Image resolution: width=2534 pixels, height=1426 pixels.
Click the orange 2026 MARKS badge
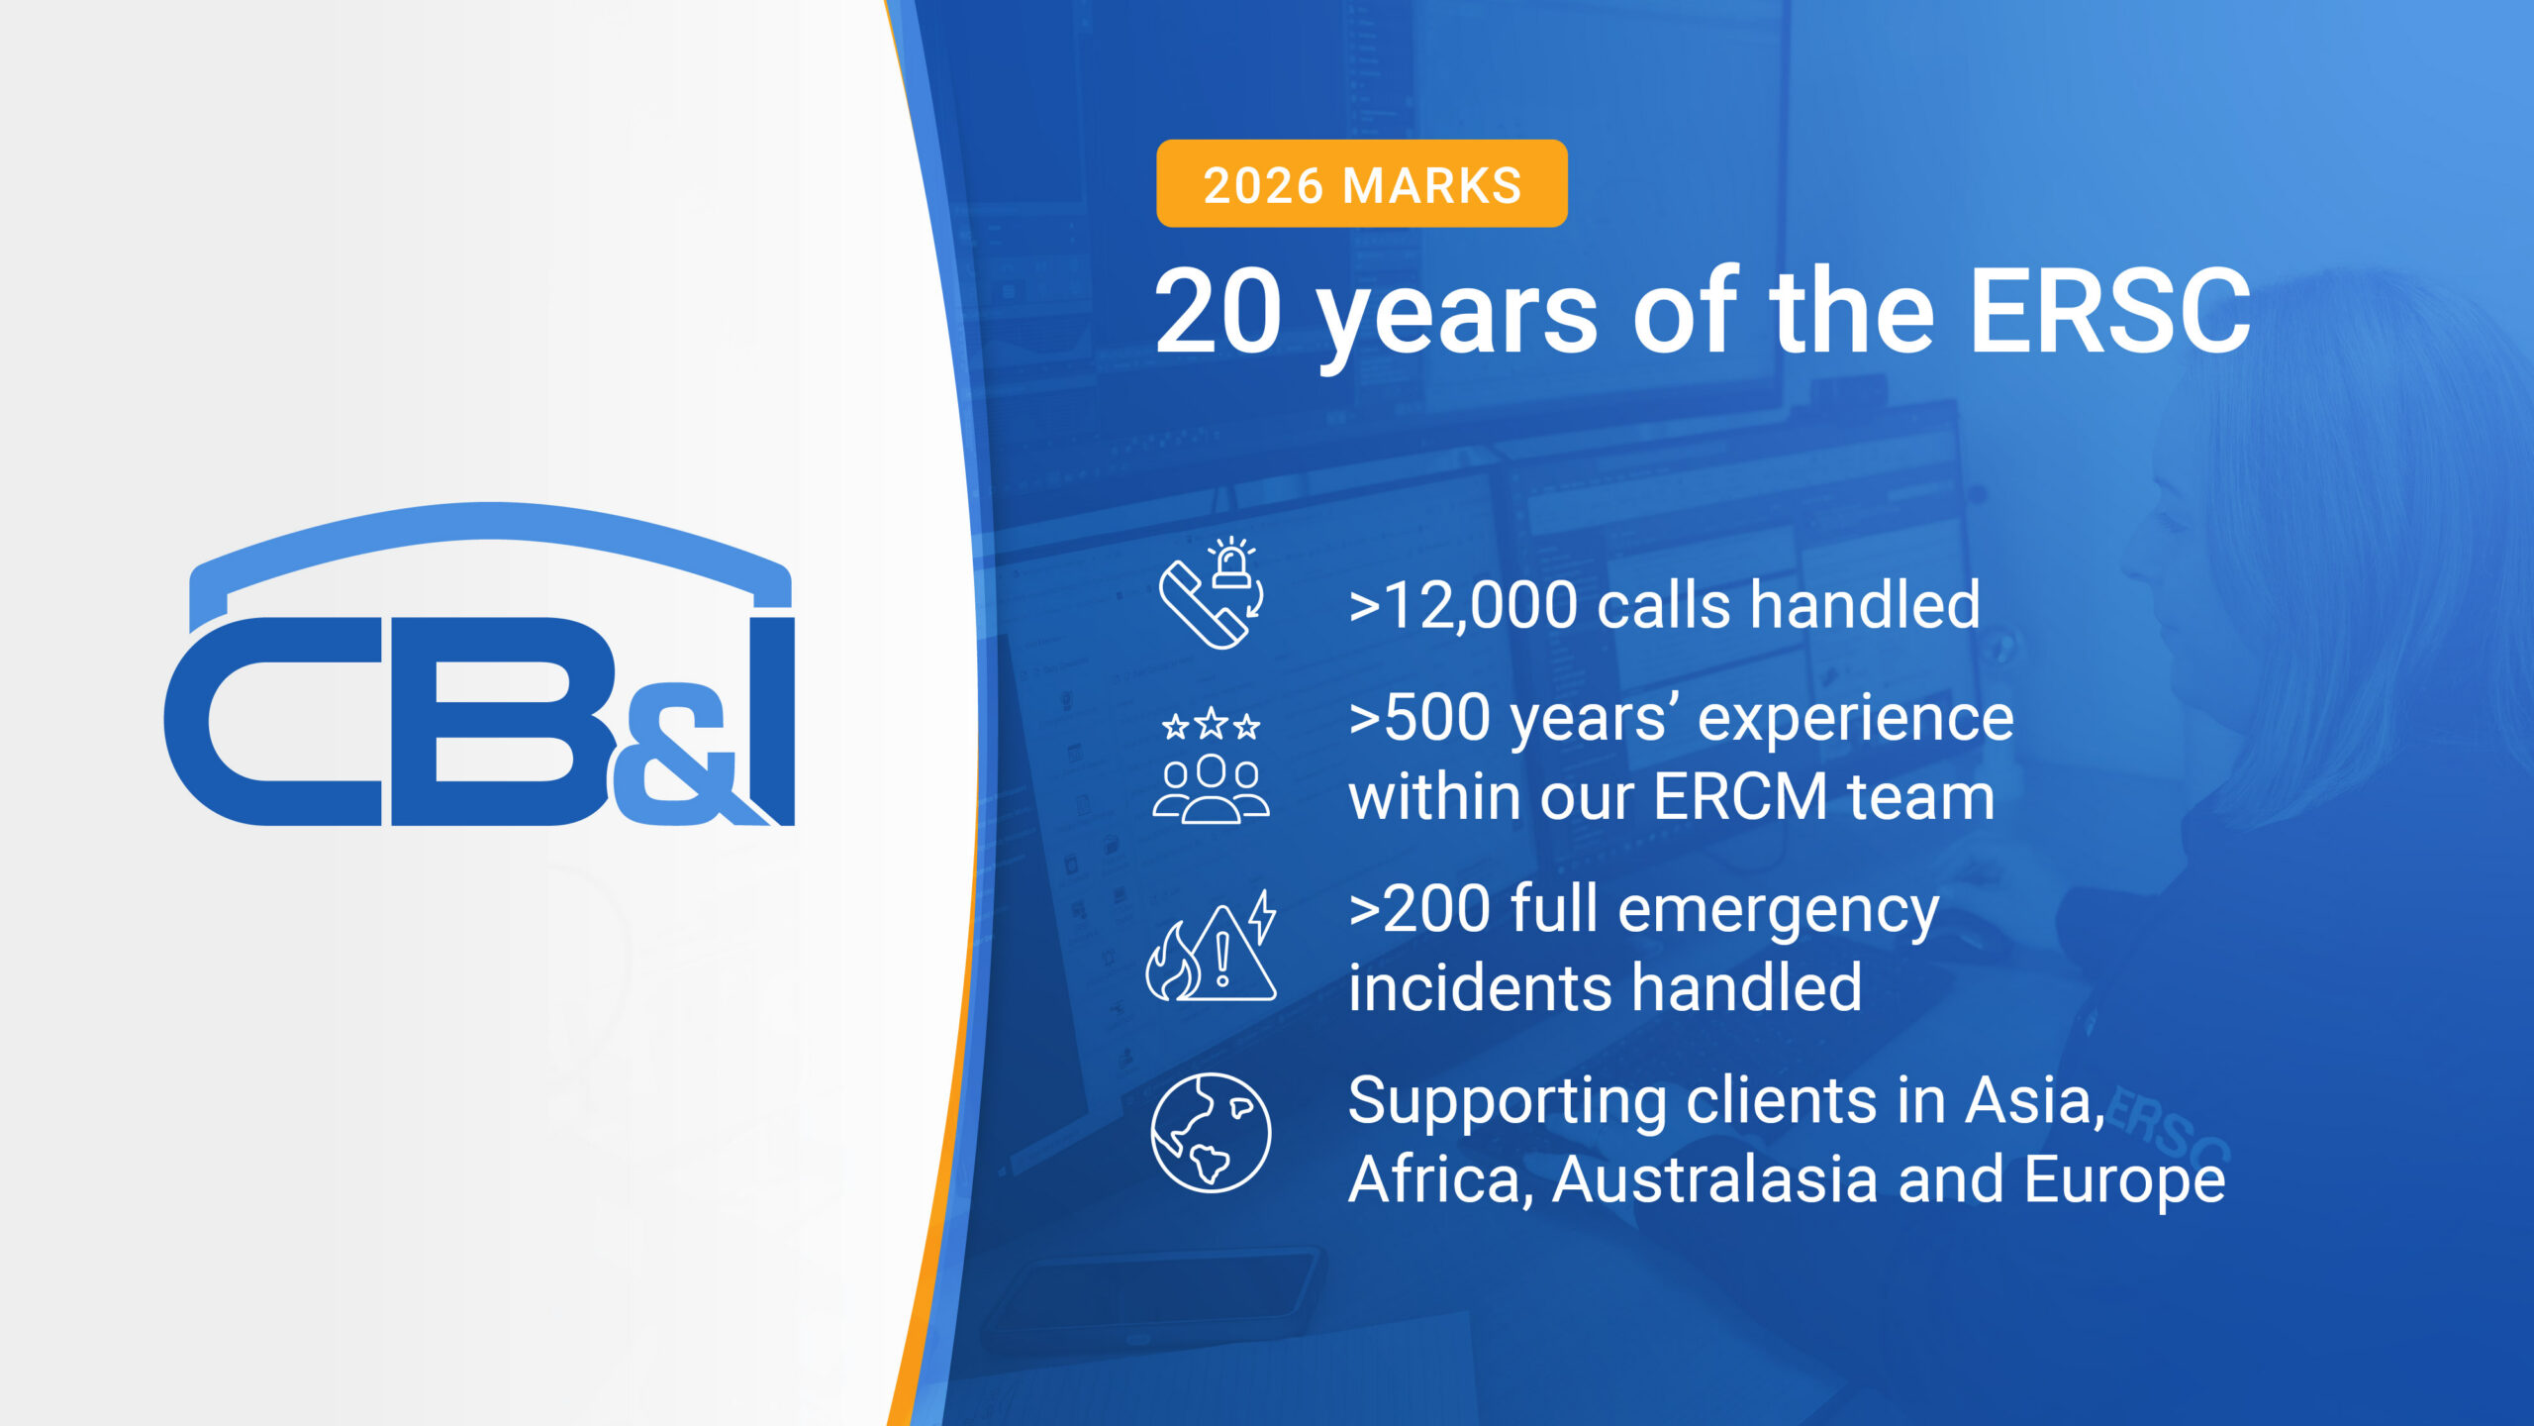1361,184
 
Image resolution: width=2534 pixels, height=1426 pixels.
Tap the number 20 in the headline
1218,313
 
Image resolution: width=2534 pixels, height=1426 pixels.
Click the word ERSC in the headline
2109,313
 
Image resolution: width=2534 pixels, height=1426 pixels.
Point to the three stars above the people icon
1211,726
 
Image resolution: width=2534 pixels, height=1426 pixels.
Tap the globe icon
1210,1132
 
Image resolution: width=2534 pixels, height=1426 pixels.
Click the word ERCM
1739,797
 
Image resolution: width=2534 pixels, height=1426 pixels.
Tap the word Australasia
1713,1179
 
